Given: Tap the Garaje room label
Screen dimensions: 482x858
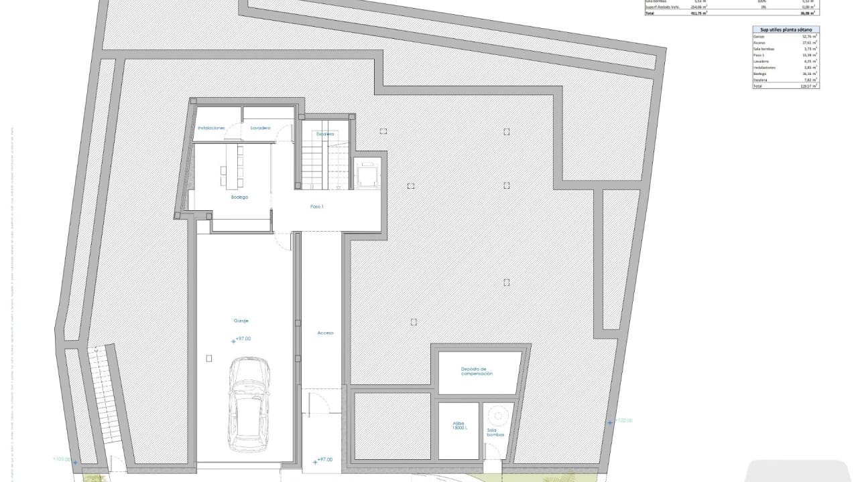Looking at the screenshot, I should tap(241, 321).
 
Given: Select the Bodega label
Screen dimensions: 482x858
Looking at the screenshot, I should tap(239, 197).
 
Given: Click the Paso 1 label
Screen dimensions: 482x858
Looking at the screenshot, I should tap(317, 207).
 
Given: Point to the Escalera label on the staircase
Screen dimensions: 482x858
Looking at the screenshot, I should tap(326, 134).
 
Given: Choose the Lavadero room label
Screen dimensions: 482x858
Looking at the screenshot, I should tap(260, 128).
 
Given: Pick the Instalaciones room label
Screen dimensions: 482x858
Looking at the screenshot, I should tap(211, 128).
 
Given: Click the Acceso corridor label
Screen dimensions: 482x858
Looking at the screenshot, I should tap(325, 333).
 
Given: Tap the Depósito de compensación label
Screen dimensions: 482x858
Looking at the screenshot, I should tap(477, 372).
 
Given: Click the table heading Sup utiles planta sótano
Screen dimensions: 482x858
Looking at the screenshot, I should tap(786, 30).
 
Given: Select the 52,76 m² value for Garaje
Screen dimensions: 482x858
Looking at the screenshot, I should tap(810, 37).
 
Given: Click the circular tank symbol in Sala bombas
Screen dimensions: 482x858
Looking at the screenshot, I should tap(496, 414).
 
